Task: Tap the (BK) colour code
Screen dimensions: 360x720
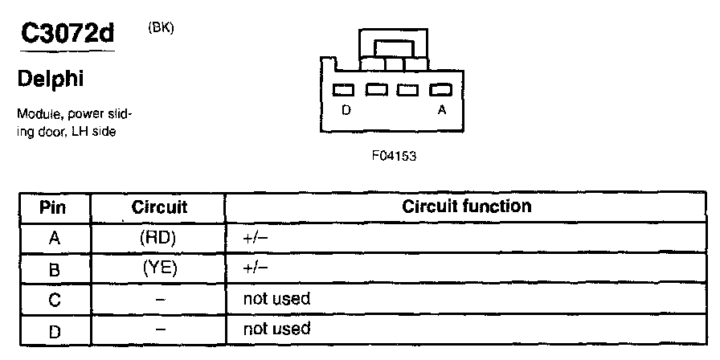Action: (x=162, y=27)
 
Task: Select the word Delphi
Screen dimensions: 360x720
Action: (x=51, y=80)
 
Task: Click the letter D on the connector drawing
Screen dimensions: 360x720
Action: (x=346, y=111)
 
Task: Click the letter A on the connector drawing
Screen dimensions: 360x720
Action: (x=441, y=111)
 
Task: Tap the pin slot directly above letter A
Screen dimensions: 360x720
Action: (x=439, y=90)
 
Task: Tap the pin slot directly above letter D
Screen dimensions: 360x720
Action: (x=344, y=90)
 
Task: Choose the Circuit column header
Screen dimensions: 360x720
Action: (x=158, y=207)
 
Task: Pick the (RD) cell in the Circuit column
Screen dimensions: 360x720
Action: (x=158, y=238)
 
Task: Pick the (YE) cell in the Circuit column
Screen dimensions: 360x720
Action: (x=159, y=268)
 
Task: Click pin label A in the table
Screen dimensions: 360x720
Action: (x=55, y=238)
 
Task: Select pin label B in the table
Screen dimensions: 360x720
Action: (x=55, y=269)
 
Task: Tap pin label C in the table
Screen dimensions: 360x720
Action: (x=55, y=300)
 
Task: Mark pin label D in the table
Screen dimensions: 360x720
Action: (x=55, y=329)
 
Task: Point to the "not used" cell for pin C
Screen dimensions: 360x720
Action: (x=276, y=299)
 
